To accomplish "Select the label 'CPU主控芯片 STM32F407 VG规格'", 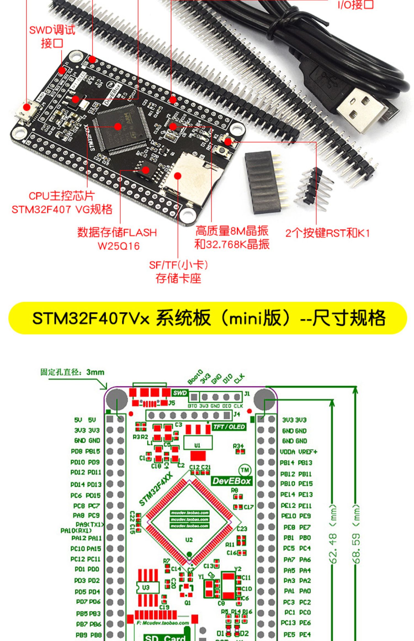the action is tap(62, 203).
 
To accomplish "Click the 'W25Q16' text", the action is tap(119, 246).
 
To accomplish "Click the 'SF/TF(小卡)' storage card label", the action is tap(178, 265).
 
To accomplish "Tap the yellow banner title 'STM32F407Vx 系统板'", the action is tap(121, 318).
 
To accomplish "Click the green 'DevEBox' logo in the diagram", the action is tap(232, 481).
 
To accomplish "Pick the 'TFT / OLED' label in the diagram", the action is tap(229, 427).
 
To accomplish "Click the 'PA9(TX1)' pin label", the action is tap(90, 524).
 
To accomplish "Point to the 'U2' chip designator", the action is tap(189, 540).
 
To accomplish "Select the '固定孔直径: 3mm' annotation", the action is tap(72, 372).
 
